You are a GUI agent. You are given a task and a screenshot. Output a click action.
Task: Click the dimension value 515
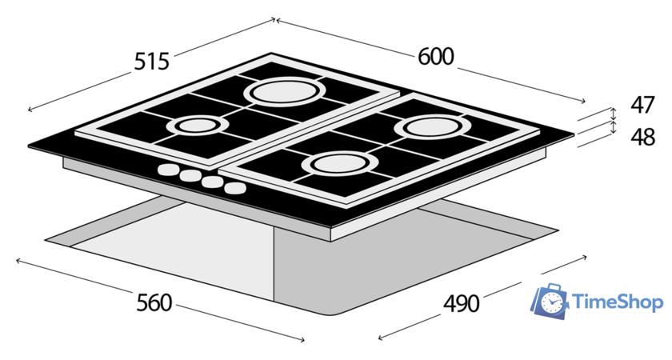coord(152,62)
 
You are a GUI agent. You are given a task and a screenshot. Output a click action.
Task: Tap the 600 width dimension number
coord(435,57)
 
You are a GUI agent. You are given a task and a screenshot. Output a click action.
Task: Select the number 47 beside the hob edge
coord(642,105)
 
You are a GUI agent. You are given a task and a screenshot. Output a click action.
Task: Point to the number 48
coord(643,137)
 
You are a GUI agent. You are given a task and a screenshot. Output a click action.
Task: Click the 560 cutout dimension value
coord(154,303)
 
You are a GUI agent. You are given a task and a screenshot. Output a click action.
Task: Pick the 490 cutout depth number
coord(461,304)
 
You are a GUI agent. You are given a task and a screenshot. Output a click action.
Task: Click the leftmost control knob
coord(167,170)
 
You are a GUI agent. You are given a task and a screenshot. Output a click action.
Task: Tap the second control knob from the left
coord(190,176)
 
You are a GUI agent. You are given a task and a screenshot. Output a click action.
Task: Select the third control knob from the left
coord(213,182)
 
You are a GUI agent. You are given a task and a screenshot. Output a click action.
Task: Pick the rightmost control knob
coord(235,188)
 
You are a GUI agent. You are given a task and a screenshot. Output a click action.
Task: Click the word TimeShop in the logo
coord(618,302)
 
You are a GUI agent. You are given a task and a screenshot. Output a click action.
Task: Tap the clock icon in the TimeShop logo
coord(550,302)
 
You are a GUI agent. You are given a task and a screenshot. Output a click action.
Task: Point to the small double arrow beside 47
coord(614,114)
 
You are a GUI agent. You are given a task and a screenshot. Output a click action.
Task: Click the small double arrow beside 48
coord(614,127)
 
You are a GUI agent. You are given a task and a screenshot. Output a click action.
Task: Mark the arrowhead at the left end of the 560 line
coord(18,260)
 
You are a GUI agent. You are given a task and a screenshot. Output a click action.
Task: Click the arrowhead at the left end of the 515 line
coord(30,110)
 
